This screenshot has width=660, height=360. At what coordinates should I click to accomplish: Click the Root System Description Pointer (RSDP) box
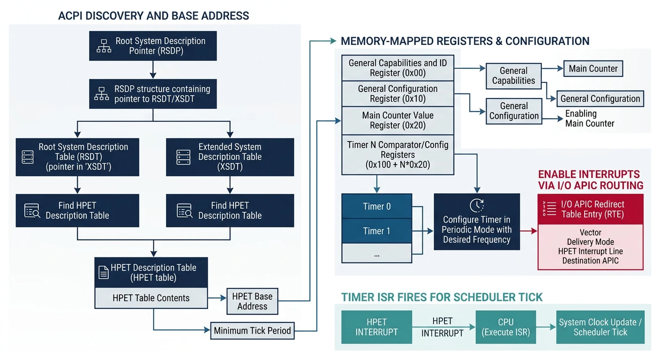[x=153, y=46]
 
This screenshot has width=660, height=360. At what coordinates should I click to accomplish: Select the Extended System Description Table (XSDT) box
[x=230, y=157]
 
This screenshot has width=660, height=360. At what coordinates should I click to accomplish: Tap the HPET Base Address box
[x=252, y=301]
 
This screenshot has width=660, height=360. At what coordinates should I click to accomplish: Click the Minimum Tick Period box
[x=252, y=330]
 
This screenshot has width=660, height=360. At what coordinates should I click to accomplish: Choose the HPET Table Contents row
[x=151, y=298]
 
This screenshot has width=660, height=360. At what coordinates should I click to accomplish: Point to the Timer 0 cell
[x=376, y=206]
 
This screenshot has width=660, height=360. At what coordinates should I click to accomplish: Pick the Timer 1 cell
[x=376, y=231]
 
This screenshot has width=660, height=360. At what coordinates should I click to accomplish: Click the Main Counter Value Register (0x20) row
[x=397, y=120]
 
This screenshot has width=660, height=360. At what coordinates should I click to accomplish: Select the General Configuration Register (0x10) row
[x=397, y=94]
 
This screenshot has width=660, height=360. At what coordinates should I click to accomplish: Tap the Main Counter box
[x=593, y=68]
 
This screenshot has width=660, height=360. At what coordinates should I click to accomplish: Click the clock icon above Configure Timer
[x=476, y=205]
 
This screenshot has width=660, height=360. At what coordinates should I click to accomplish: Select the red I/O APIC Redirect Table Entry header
[x=590, y=210]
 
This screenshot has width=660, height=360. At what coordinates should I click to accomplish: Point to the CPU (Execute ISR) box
[x=506, y=327]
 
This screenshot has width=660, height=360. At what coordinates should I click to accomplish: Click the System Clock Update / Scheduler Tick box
[x=600, y=327]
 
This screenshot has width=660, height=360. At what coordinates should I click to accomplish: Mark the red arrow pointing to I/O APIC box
[x=528, y=231]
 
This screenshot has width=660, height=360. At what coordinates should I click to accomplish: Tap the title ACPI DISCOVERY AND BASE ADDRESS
[x=153, y=15]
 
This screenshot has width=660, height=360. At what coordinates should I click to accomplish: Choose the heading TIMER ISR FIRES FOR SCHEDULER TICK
[x=442, y=297]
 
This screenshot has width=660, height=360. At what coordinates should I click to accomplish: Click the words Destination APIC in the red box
[x=590, y=261]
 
